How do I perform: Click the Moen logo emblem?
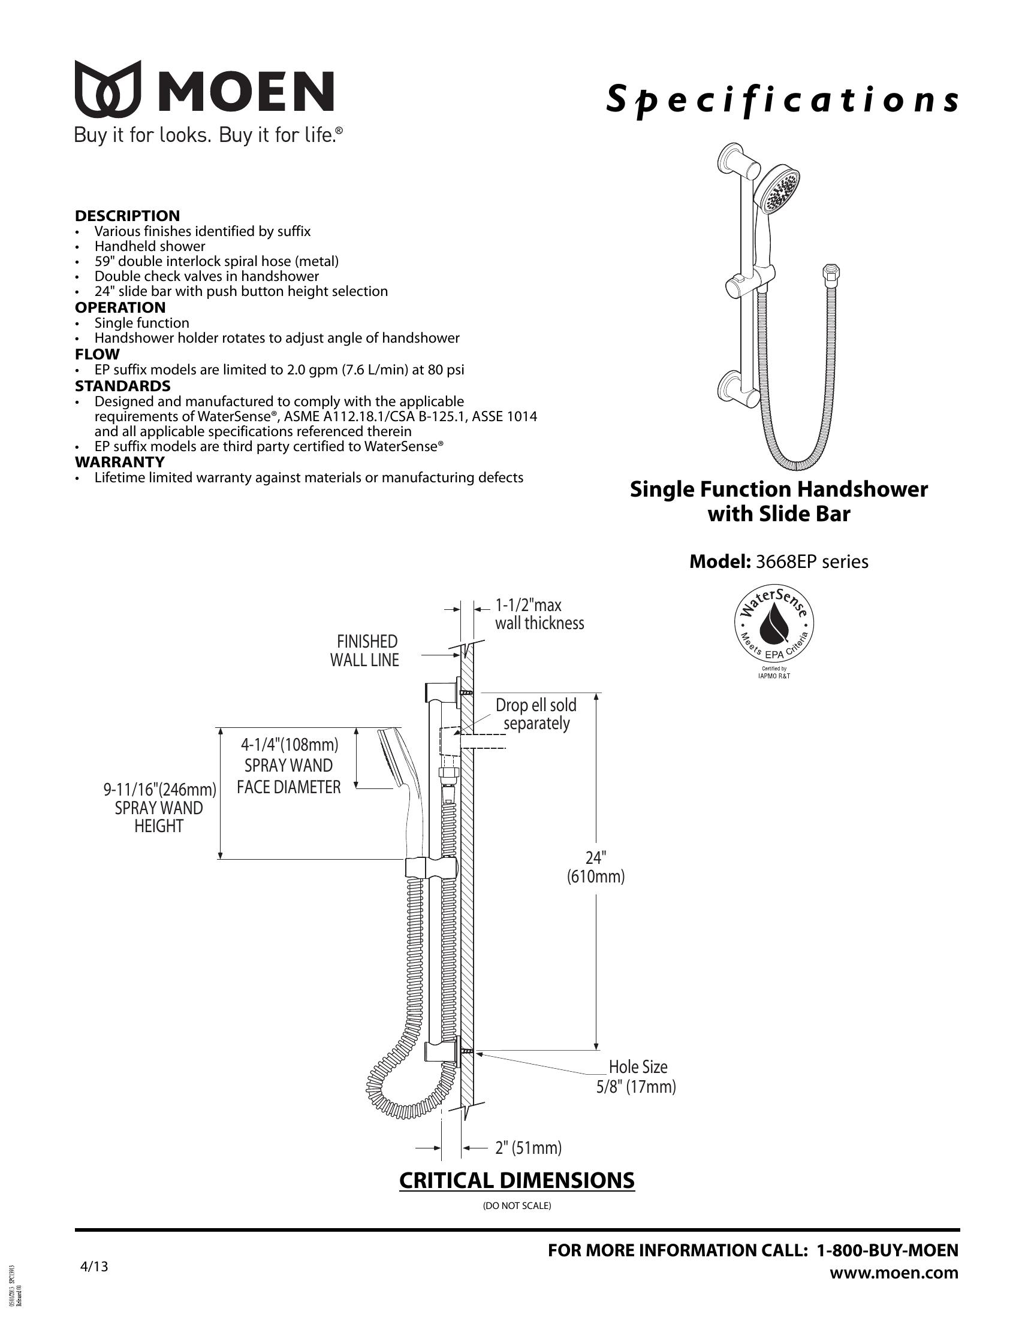[107, 89]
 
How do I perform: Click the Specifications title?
[782, 100]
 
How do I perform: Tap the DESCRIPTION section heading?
[127, 216]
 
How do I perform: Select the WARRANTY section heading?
[119, 462]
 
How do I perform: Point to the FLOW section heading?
[97, 354]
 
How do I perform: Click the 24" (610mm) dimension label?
[595, 867]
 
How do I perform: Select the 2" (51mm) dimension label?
[528, 1148]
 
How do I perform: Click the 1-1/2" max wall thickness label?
[539, 614]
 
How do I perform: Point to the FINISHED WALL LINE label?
[365, 651]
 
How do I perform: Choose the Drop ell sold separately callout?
[536, 714]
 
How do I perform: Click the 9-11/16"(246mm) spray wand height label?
[159, 808]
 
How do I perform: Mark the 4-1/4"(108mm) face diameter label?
[289, 765]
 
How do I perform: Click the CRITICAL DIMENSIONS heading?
[517, 1180]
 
